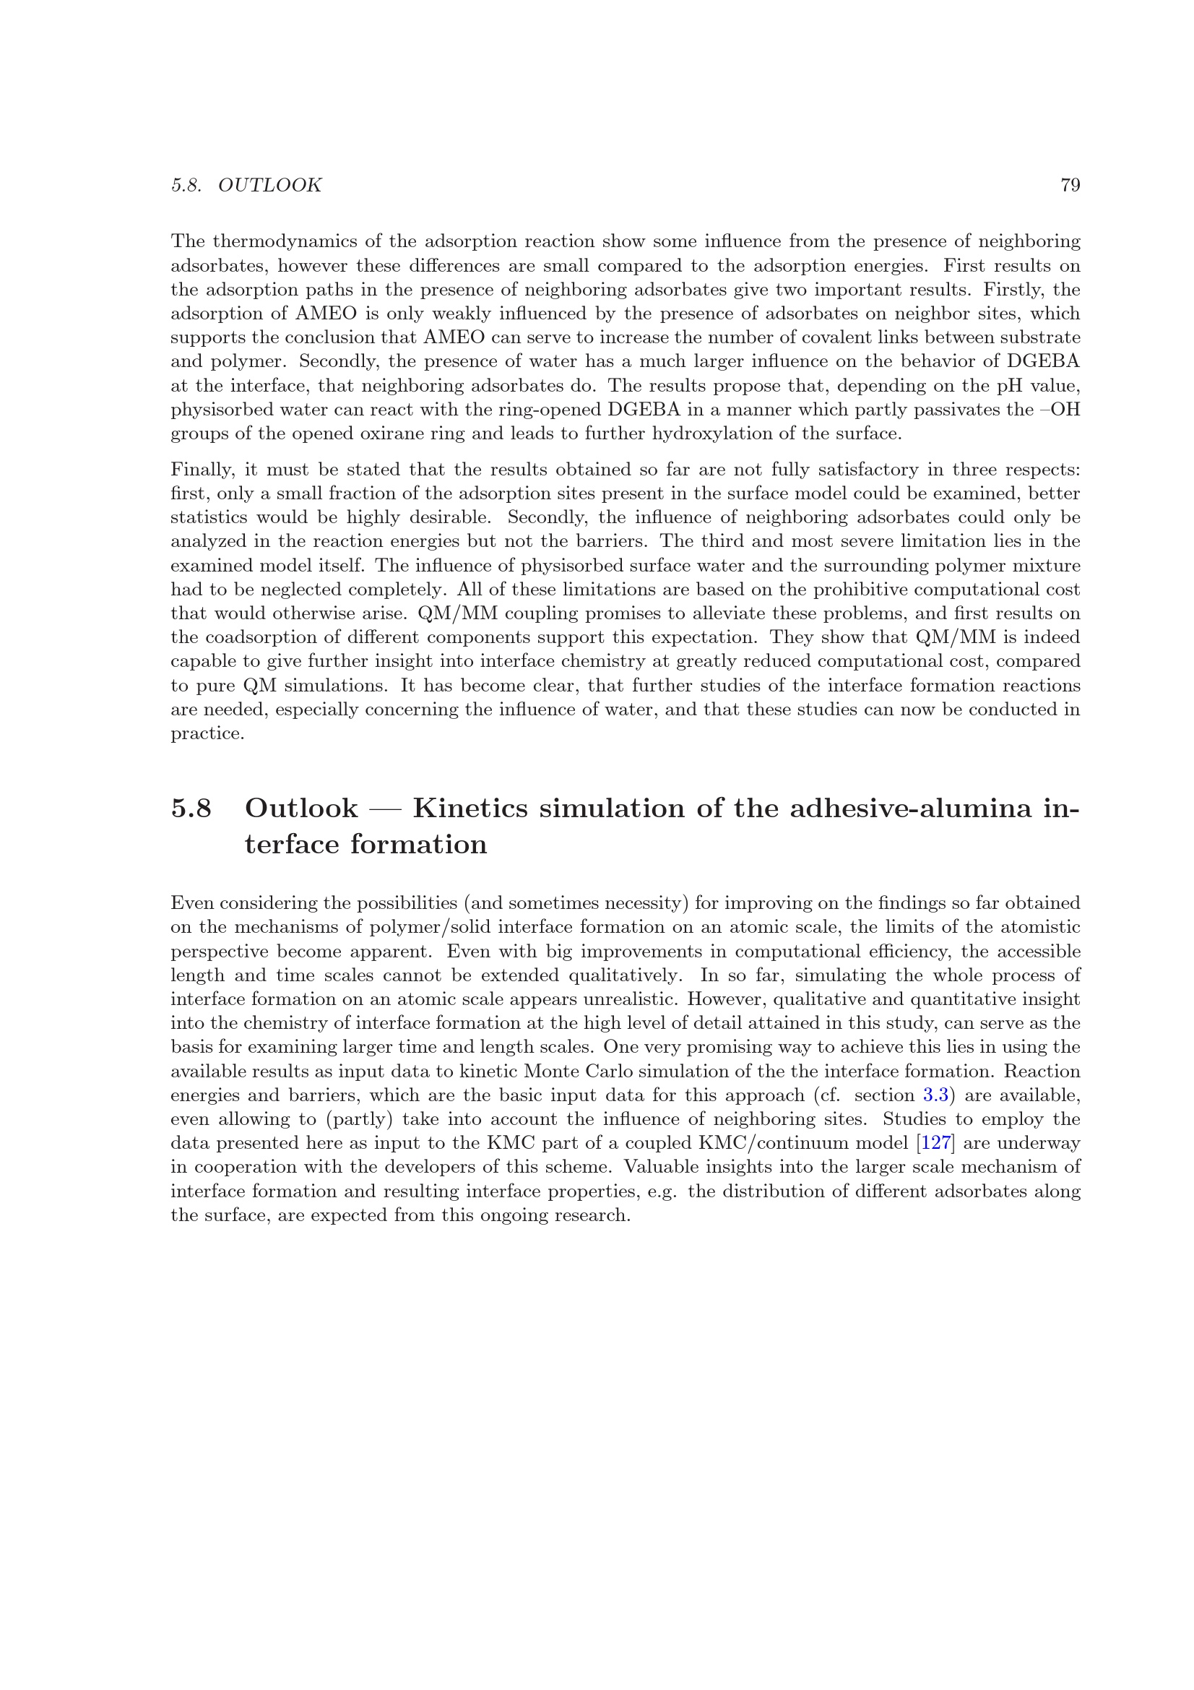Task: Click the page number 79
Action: click(x=1070, y=185)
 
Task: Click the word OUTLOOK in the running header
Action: click(x=269, y=185)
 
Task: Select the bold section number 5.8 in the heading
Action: click(x=191, y=809)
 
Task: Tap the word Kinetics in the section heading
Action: click(x=470, y=809)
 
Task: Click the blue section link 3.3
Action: click(x=935, y=1095)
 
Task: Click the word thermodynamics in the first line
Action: click(x=293, y=241)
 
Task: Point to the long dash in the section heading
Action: click(x=385, y=809)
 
